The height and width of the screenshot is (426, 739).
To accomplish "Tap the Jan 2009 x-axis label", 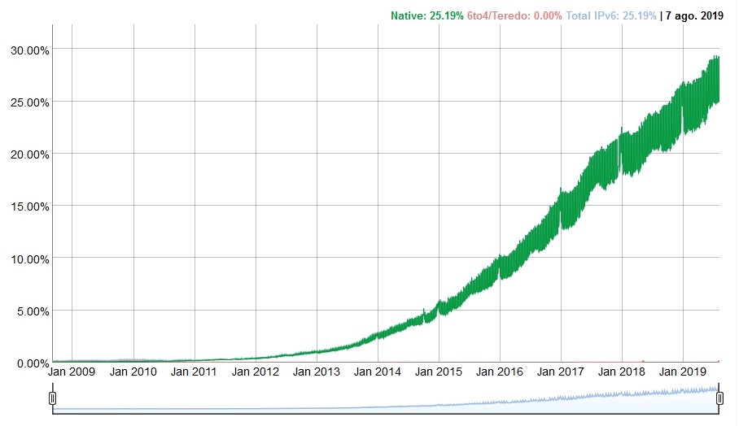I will click(72, 372).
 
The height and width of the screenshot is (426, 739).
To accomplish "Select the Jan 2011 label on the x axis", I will click(195, 372).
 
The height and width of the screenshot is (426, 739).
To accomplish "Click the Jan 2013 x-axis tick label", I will click(317, 372).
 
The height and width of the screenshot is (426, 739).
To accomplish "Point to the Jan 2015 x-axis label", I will click(439, 372).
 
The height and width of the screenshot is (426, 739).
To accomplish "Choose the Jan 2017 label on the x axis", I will click(561, 372).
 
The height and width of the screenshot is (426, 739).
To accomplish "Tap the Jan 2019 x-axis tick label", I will click(683, 372).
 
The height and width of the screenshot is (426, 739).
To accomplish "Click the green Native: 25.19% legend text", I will click(426, 15).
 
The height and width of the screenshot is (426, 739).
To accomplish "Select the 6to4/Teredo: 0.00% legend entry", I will click(514, 15).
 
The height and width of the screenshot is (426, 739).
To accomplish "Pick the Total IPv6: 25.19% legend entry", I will click(610, 15).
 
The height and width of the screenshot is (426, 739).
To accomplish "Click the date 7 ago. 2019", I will click(694, 15).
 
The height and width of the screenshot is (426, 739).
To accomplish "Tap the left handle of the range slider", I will click(53, 398).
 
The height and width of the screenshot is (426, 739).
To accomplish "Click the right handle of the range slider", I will click(719, 398).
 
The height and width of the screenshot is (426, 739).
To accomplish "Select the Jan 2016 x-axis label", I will click(500, 372).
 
